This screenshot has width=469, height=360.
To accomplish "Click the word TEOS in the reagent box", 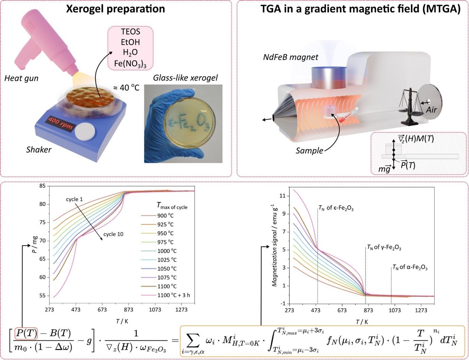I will click(x=130, y=32).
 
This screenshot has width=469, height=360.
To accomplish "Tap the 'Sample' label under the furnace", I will click(x=309, y=150).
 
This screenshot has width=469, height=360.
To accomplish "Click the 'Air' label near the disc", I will click(x=431, y=110).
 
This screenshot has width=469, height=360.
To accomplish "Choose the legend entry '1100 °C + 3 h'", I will click(x=173, y=295).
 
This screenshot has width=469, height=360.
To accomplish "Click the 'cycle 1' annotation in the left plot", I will click(x=74, y=199).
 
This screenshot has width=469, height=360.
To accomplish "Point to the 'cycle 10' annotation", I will click(x=113, y=234).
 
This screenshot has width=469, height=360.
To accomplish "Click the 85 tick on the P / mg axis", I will click(x=42, y=186).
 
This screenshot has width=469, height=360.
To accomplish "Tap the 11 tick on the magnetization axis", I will click(x=282, y=196).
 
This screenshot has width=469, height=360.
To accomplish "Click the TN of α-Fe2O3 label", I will click(x=410, y=267).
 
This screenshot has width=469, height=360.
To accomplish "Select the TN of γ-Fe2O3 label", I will click(x=384, y=248).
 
